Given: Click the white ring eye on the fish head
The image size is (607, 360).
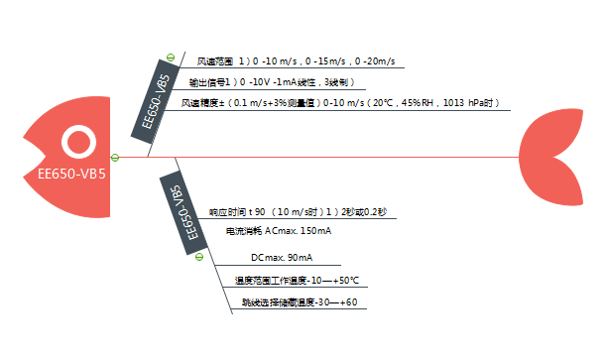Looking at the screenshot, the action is pyautogui.click(x=77, y=143).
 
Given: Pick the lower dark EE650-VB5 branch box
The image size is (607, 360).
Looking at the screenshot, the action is pyautogui.click(x=181, y=213).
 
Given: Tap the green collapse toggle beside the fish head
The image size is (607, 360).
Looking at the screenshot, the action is pyautogui.click(x=116, y=157).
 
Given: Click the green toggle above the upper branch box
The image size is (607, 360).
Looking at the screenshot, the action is pyautogui.click(x=171, y=58).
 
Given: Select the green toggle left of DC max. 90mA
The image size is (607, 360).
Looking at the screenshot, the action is pyautogui.click(x=199, y=257).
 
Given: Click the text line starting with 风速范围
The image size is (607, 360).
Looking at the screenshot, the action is pyautogui.click(x=296, y=61).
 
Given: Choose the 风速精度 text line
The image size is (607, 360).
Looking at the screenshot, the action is pyautogui.click(x=339, y=103).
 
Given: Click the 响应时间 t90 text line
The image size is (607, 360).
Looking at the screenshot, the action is pyautogui.click(x=298, y=212).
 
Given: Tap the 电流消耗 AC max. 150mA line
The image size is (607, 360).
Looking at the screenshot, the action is pyautogui.click(x=279, y=231).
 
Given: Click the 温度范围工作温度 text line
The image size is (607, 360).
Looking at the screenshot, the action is pyautogui.click(x=297, y=280).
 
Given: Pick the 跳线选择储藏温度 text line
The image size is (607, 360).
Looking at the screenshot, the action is pyautogui.click(x=299, y=302).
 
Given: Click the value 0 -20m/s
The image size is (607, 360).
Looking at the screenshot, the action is pyautogui.click(x=374, y=61).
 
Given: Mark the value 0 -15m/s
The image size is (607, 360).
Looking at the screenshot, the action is pyautogui.click(x=327, y=61).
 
